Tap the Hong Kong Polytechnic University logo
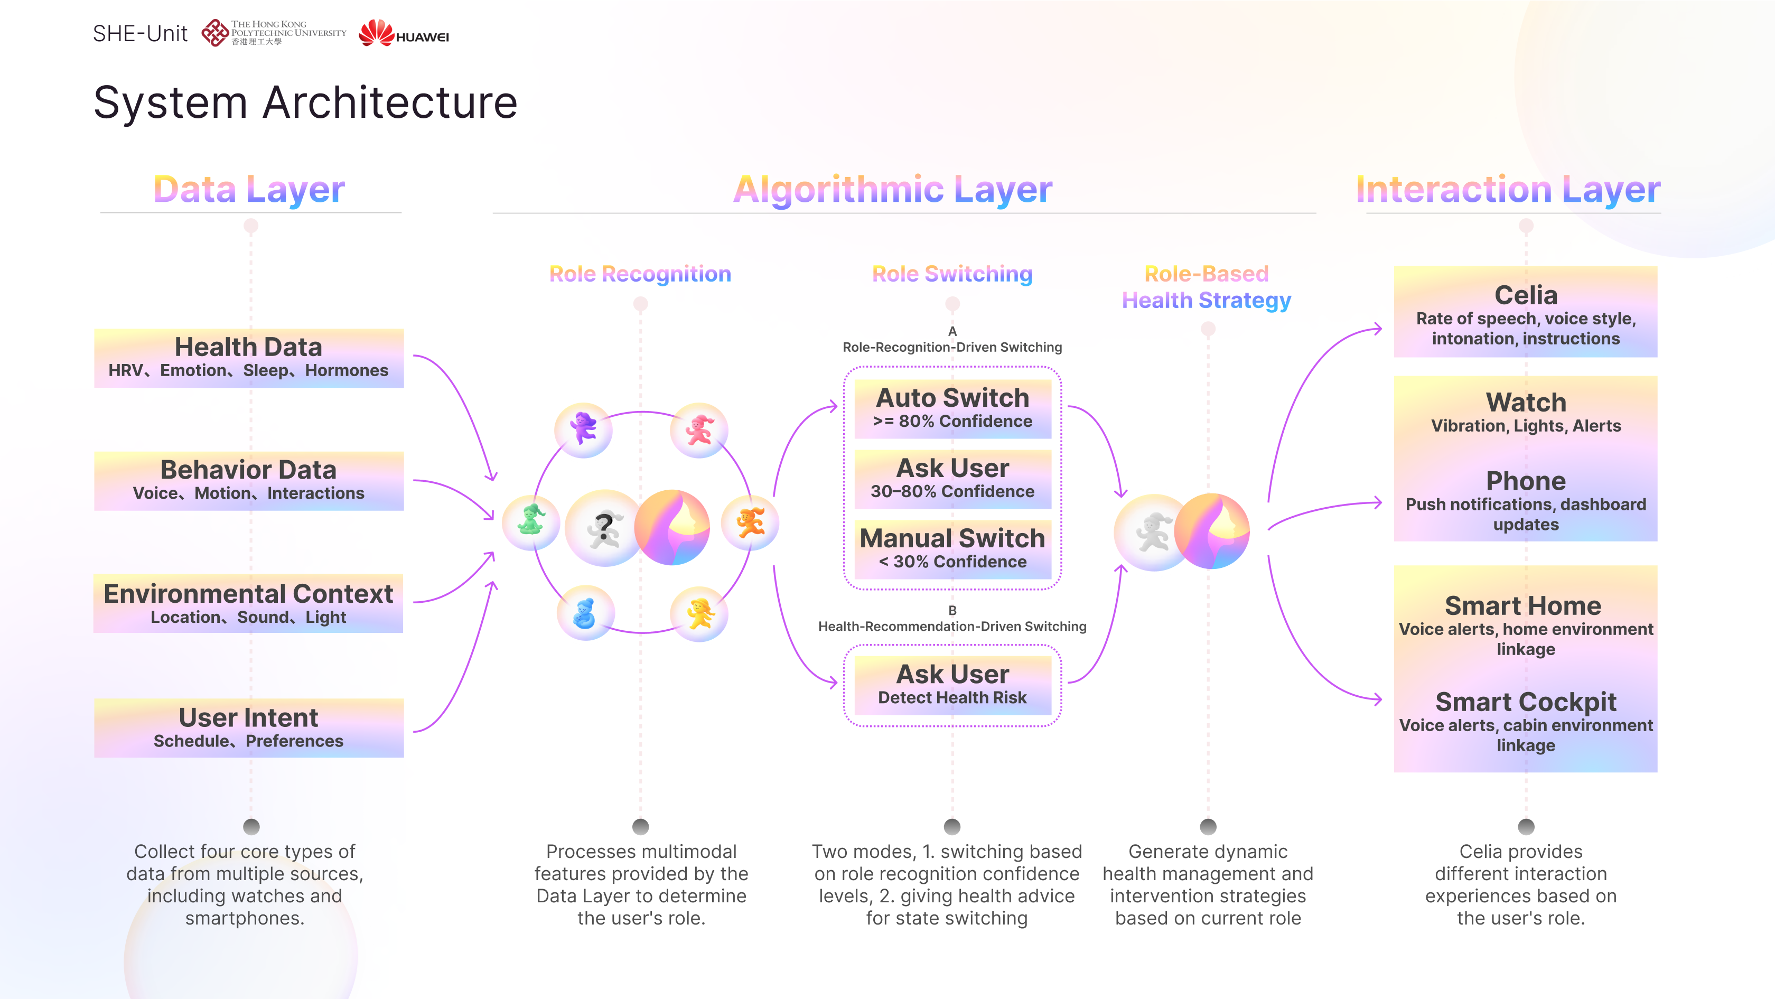tap(274, 32)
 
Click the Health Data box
tap(249, 358)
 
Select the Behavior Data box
tap(249, 480)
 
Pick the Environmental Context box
tap(248, 603)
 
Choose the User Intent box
tap(249, 727)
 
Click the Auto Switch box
tap(952, 408)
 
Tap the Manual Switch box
tap(952, 548)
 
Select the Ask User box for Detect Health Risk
tap(952, 684)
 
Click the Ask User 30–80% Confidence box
tap(952, 478)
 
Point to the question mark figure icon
tap(604, 528)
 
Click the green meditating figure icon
tap(530, 521)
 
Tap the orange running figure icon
tap(750, 523)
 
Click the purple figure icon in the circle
tap(584, 429)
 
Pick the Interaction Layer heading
tap(1508, 190)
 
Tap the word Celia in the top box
tap(1526, 295)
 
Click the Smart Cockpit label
tap(1526, 702)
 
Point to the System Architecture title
tap(305, 102)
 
